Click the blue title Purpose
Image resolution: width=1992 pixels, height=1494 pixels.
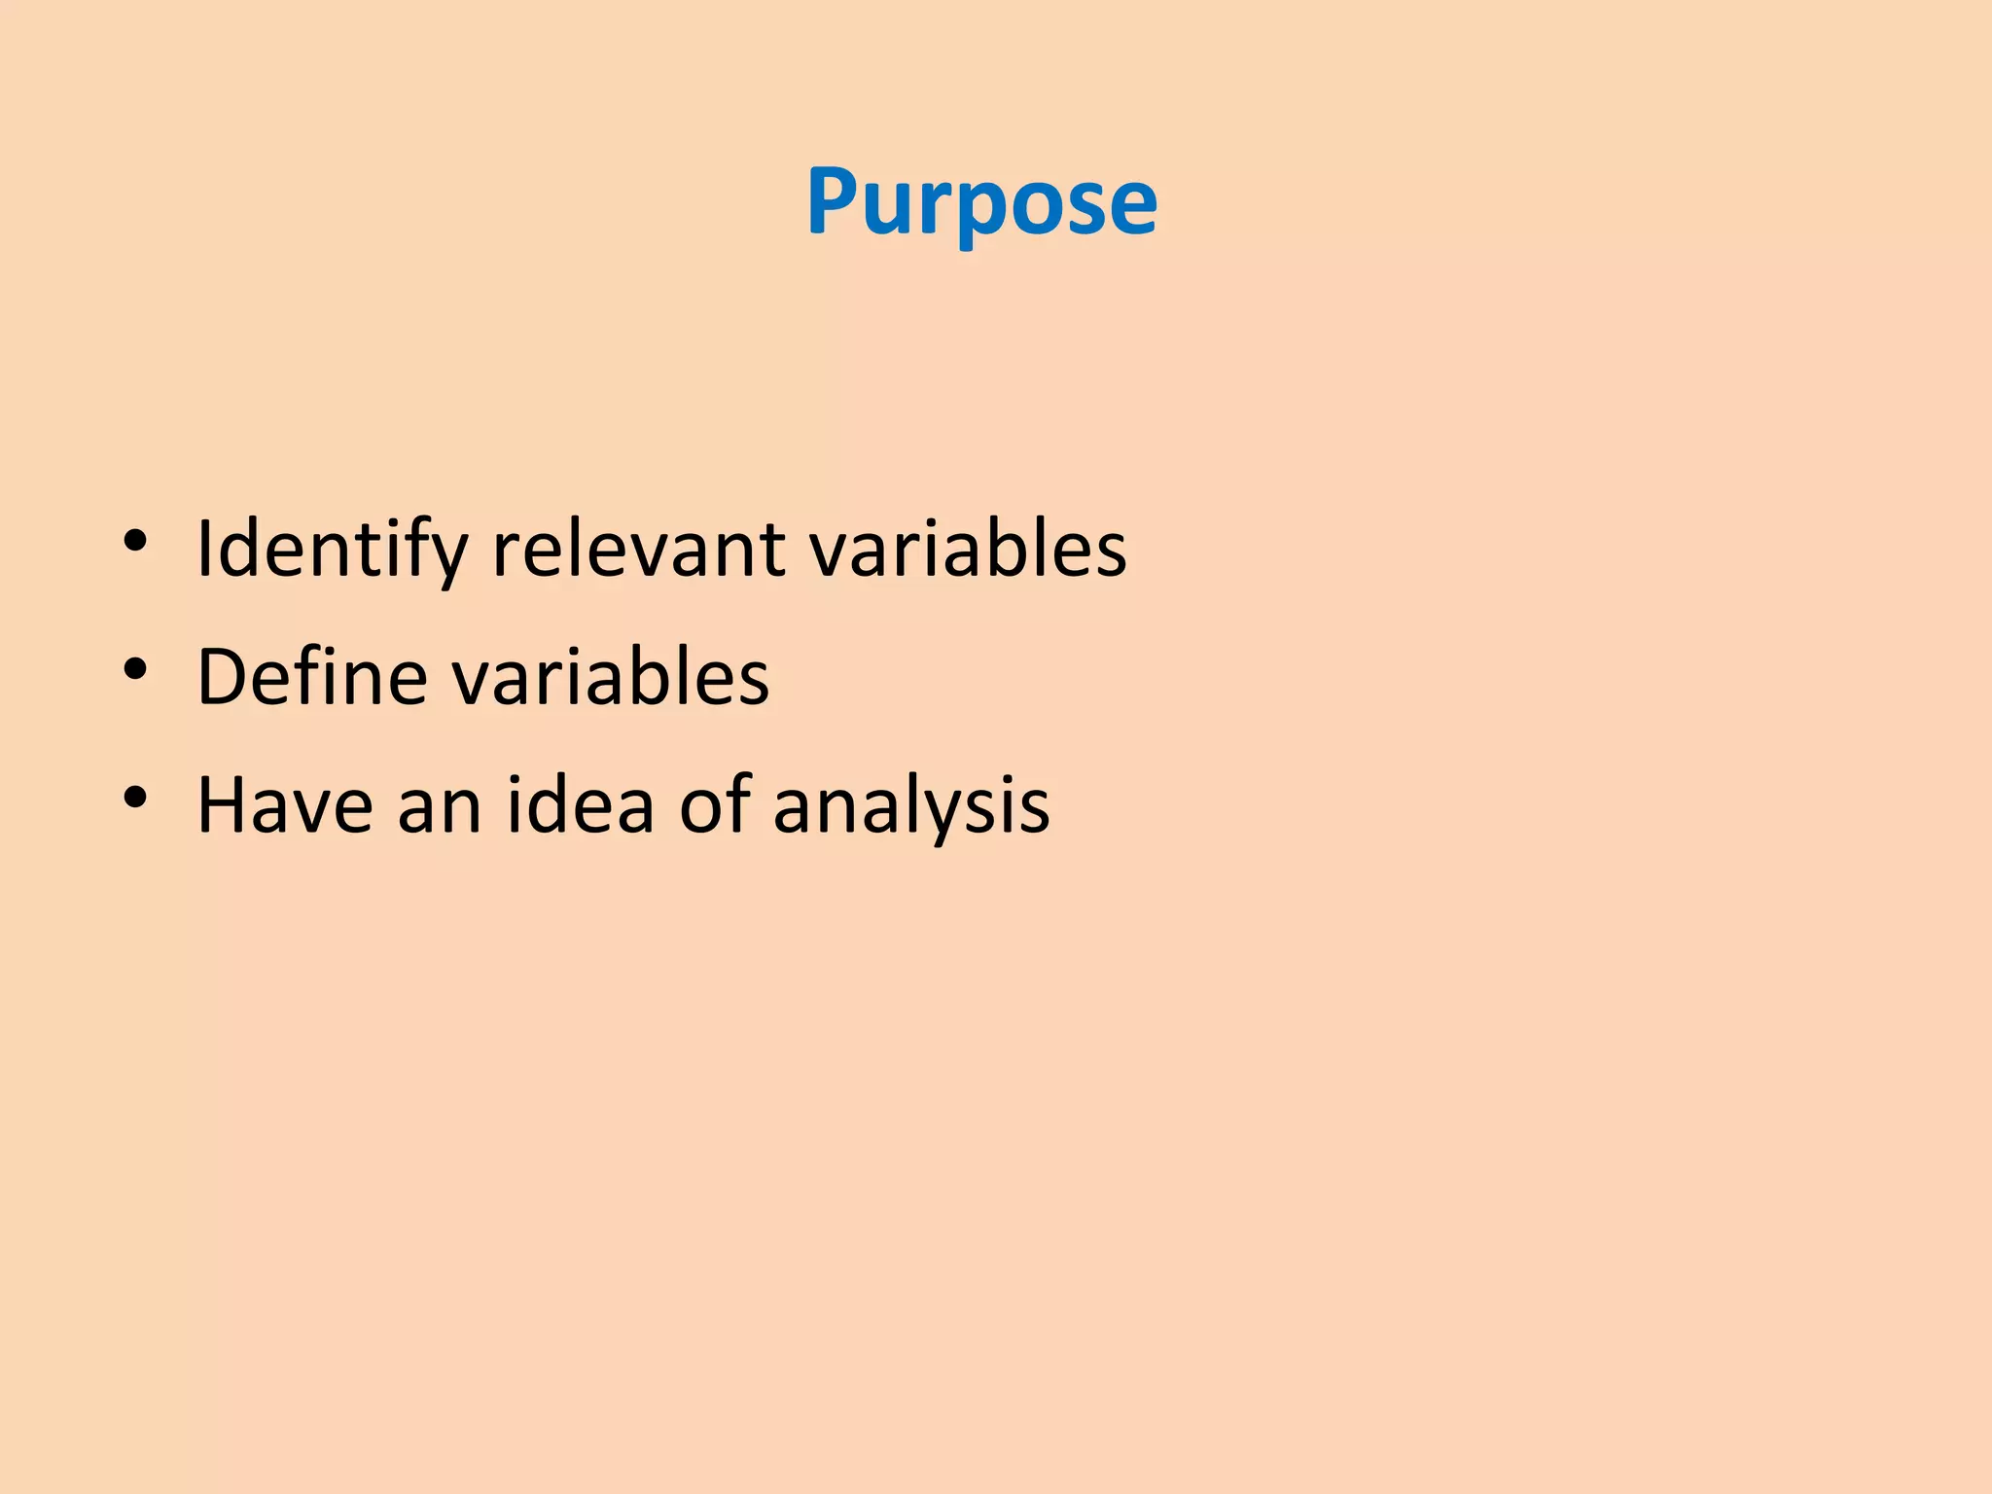coord(981,201)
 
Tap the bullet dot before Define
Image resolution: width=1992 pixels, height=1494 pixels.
coord(135,669)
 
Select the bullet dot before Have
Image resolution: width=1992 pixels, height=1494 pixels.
coord(135,798)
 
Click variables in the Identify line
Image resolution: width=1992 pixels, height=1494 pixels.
coord(968,550)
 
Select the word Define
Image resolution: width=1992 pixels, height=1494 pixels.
coord(311,677)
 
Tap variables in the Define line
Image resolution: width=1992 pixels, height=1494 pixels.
coord(612,677)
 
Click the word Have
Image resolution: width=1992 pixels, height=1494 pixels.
coord(285,805)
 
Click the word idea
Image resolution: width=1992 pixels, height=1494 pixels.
coord(581,805)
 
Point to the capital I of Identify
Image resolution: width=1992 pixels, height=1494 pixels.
coord(204,550)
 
